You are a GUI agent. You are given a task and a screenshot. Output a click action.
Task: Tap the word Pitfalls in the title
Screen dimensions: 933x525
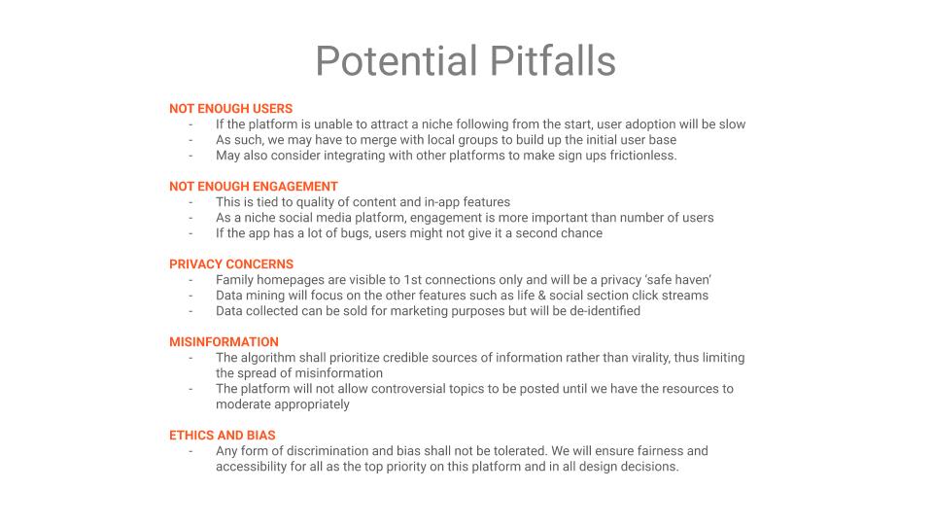pyautogui.click(x=553, y=60)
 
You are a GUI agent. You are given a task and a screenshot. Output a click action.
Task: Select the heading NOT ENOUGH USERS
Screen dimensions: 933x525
pyautogui.click(x=231, y=109)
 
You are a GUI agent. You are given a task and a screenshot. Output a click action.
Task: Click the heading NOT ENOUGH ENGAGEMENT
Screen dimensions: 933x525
pyautogui.click(x=254, y=187)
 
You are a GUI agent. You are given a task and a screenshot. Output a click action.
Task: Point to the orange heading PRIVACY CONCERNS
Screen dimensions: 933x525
pyautogui.click(x=231, y=264)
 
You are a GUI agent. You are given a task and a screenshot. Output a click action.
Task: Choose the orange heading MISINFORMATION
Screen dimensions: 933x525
pyautogui.click(x=224, y=342)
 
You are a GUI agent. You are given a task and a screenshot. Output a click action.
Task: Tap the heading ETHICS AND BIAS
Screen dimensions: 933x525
pyautogui.click(x=223, y=436)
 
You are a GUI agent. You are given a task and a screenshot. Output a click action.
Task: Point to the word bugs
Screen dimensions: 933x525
pyautogui.click(x=356, y=233)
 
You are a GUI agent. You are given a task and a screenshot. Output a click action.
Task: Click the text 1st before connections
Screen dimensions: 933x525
pyautogui.click(x=412, y=280)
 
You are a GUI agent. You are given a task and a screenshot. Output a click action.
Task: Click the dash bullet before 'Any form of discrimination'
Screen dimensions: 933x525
pyautogui.click(x=191, y=451)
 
